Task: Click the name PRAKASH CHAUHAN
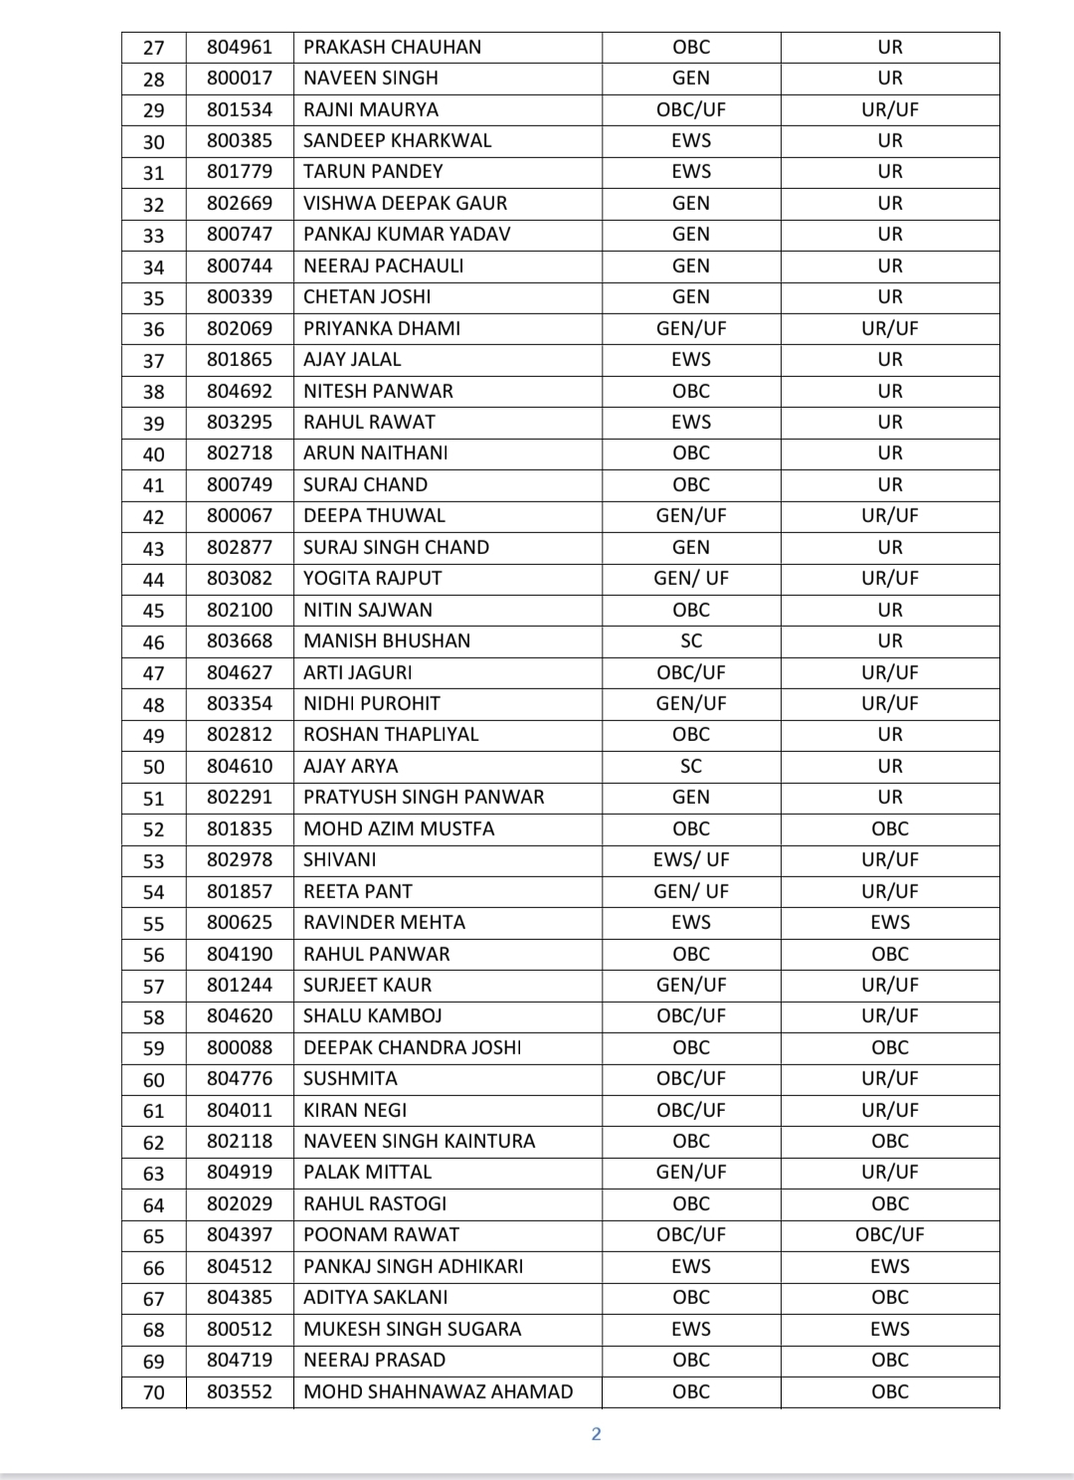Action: point(392,47)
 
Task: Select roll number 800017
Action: point(239,78)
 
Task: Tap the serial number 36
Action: point(154,329)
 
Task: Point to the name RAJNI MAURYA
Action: point(370,109)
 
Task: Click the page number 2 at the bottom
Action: point(596,1433)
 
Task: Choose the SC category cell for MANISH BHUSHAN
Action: point(691,641)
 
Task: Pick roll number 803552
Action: point(239,1391)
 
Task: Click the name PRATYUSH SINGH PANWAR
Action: point(424,797)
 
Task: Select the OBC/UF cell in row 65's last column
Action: point(889,1234)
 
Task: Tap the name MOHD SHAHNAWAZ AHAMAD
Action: point(438,1391)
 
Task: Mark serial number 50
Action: point(154,767)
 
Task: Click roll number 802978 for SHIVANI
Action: point(239,859)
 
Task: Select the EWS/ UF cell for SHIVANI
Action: point(691,859)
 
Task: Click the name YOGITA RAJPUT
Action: point(372,578)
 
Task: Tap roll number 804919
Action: point(239,1172)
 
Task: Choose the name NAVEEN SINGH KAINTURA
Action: point(419,1141)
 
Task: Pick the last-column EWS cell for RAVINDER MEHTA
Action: point(889,922)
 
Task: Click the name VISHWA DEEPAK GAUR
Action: point(405,203)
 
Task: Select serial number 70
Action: point(154,1392)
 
